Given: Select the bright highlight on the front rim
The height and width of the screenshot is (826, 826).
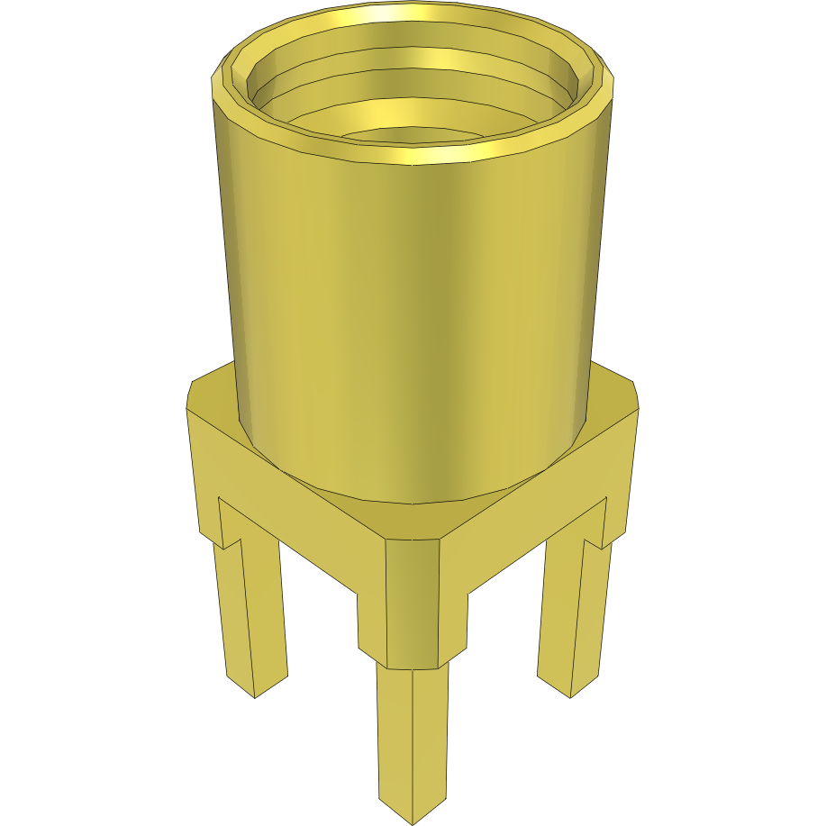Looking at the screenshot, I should click(414, 157).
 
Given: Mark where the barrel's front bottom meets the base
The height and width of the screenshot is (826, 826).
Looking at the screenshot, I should click(410, 500).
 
